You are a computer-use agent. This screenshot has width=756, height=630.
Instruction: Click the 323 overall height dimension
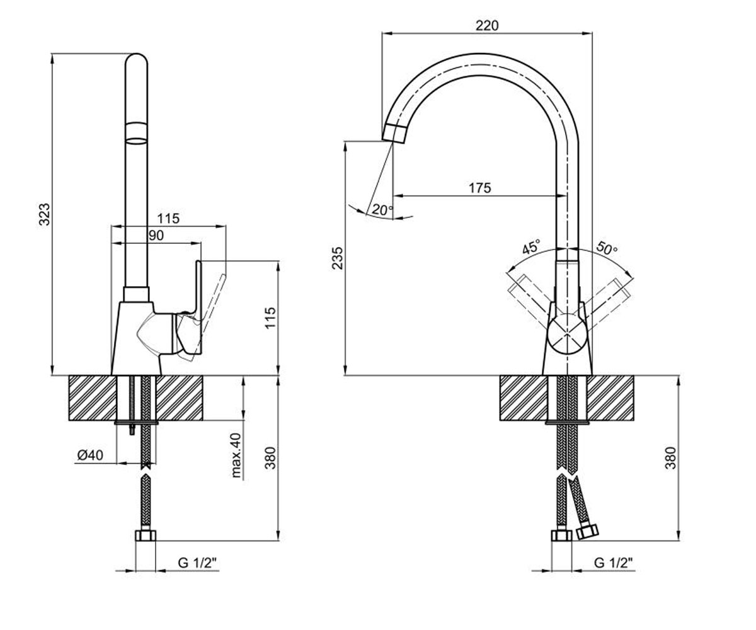45,214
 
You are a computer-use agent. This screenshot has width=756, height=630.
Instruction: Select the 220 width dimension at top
487,26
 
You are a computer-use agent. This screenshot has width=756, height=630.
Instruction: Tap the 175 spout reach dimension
479,188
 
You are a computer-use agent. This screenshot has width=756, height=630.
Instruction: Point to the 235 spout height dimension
338,258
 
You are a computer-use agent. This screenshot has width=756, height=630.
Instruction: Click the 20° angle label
382,210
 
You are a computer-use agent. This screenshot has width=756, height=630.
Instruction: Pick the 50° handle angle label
607,248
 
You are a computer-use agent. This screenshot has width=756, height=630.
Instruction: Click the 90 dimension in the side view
156,236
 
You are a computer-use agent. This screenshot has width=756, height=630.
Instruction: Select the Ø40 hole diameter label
90,455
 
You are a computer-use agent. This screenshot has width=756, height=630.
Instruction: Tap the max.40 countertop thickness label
236,455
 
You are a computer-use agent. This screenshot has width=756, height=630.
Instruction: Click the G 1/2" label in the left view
197,563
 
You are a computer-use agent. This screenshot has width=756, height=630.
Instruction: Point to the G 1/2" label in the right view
613,563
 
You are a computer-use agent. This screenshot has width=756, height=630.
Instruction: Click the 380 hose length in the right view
670,458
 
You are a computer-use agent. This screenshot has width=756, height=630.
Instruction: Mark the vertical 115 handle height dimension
270,318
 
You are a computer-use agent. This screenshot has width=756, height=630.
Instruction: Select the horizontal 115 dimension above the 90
168,219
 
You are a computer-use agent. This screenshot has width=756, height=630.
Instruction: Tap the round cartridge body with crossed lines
566,334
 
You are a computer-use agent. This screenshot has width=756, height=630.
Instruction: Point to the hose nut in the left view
146,535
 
